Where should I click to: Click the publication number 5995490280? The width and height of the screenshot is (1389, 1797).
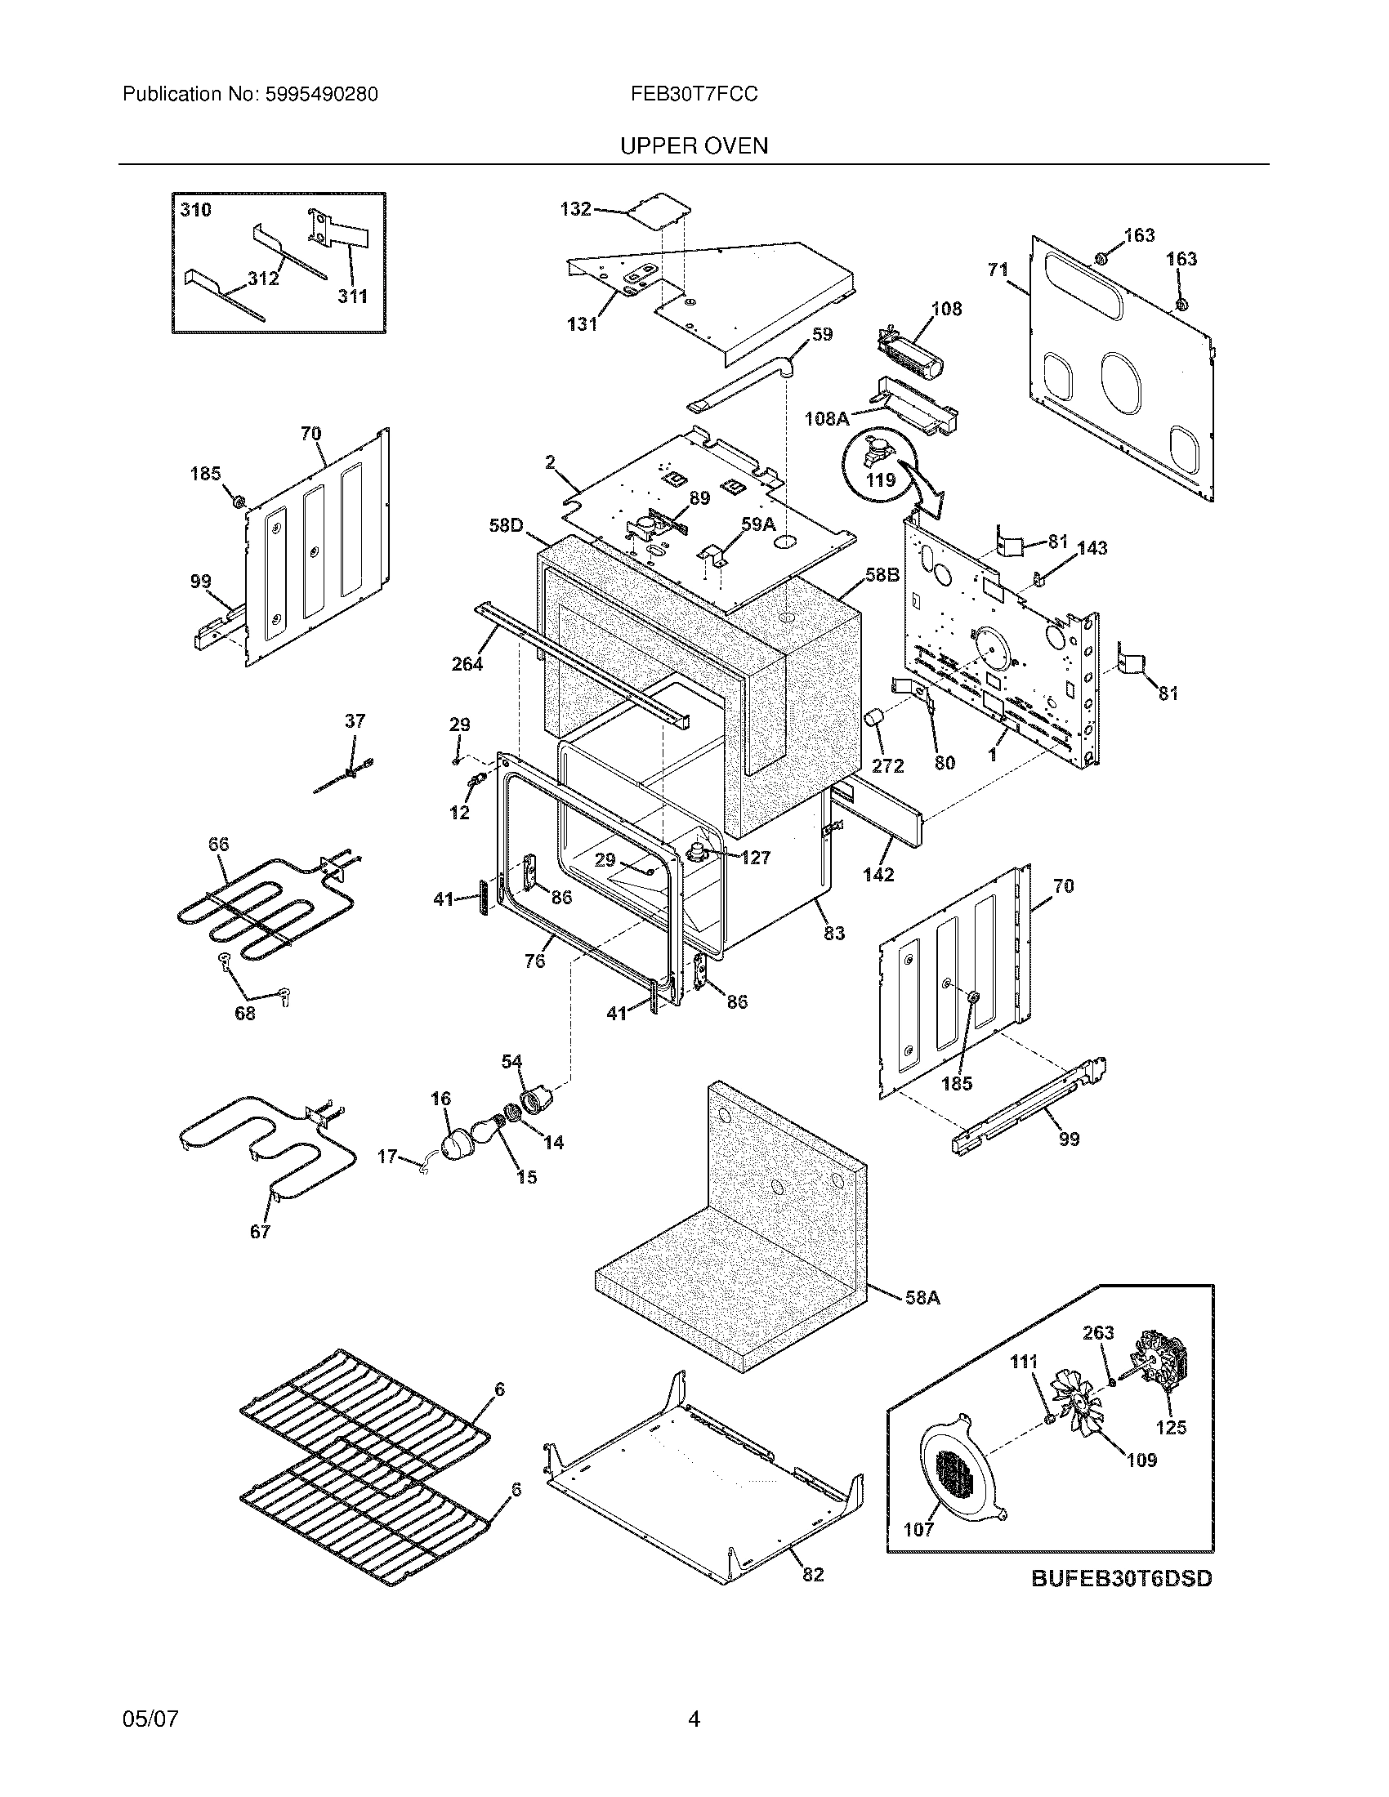click(322, 95)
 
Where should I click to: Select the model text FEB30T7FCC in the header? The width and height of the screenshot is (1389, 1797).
click(694, 95)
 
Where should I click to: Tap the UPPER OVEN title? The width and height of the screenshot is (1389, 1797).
click(694, 146)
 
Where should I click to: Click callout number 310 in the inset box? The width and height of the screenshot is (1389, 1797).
click(196, 210)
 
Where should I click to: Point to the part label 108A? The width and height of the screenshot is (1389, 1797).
click(826, 419)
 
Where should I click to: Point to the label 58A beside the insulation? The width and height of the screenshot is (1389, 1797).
click(922, 1299)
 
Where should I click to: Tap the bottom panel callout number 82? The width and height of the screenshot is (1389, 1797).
click(812, 1574)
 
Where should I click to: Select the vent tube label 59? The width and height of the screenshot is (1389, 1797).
click(822, 334)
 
